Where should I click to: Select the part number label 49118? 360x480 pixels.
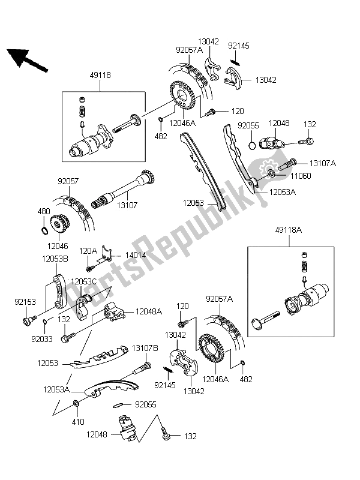click(100, 76)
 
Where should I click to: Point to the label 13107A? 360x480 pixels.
click(323, 163)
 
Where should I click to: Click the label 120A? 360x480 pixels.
click(88, 250)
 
